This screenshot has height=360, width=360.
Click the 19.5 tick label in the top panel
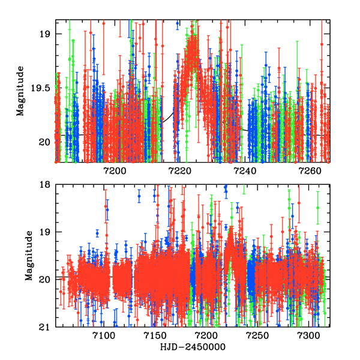(x=43, y=88)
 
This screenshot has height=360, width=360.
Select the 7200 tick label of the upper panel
(x=115, y=170)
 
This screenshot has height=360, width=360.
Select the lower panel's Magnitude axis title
(x=28, y=256)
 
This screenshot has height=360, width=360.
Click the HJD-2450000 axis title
(x=193, y=347)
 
